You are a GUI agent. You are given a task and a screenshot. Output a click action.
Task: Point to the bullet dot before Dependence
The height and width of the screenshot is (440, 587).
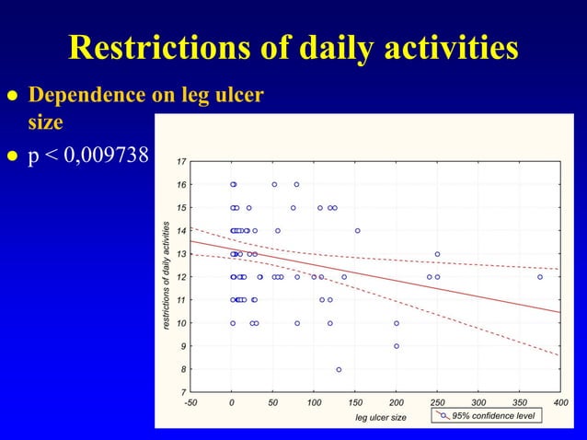(12, 96)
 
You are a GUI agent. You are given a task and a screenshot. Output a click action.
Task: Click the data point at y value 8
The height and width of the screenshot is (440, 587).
(339, 369)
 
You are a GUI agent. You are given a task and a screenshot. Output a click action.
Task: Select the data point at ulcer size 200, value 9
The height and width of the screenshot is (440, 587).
(397, 346)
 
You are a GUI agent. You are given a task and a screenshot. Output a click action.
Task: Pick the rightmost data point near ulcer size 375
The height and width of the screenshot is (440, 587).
(540, 276)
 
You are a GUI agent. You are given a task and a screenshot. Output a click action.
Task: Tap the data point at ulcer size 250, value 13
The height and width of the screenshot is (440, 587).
(437, 254)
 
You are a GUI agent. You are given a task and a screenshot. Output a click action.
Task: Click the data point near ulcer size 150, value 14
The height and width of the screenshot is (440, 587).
(358, 231)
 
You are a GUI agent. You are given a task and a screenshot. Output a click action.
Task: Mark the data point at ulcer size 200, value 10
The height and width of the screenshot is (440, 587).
(397, 323)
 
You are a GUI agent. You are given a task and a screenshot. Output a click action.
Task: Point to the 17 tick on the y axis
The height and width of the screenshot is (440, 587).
(181, 162)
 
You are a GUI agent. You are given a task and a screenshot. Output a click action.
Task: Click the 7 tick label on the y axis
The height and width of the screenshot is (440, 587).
(183, 392)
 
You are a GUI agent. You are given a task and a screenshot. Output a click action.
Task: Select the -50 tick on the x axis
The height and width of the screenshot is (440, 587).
(190, 403)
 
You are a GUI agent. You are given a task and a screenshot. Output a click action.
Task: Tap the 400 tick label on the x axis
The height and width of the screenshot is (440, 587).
(560, 403)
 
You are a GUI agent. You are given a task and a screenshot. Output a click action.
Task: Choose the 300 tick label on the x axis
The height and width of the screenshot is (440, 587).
(478, 403)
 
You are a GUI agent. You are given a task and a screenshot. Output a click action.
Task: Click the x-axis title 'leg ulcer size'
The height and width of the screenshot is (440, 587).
(381, 417)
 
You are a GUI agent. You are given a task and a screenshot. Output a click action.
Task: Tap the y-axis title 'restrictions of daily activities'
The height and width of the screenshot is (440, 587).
(166, 275)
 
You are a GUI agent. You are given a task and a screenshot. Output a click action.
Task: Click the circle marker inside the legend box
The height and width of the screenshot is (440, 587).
(443, 415)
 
